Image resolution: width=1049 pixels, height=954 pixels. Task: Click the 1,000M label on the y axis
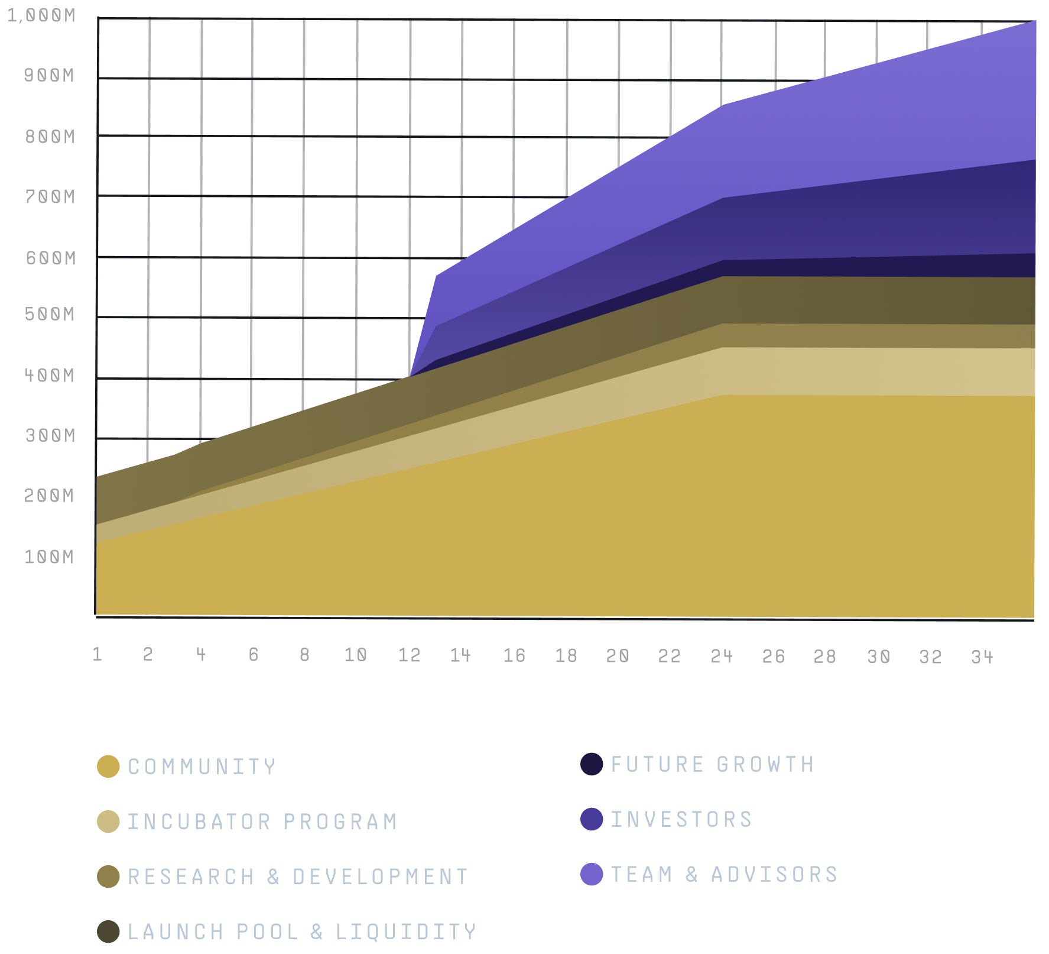[41, 15]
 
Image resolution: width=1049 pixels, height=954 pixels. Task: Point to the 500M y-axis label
[50, 314]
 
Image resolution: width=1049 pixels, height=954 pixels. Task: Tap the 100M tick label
[49, 557]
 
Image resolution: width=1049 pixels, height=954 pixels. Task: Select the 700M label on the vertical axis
[50, 197]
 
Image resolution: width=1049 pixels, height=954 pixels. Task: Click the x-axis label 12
[410, 655]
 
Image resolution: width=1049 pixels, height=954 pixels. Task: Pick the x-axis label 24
[722, 657]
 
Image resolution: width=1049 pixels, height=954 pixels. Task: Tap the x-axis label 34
[982, 657]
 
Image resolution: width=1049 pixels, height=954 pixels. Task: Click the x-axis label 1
[98, 654]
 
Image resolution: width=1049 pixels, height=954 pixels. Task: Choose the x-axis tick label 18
[566, 655]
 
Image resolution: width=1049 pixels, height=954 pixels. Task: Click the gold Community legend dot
[108, 767]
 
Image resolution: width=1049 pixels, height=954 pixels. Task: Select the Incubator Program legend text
[262, 822]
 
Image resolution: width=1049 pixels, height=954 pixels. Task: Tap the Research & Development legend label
[298, 877]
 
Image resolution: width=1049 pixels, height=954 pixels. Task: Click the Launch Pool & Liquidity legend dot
[108, 932]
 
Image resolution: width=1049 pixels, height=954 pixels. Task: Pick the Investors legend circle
[592, 820]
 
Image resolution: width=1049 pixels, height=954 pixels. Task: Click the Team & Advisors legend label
[725, 875]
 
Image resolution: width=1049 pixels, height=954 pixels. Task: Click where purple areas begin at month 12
[410, 376]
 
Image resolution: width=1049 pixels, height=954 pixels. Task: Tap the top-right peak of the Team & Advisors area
[1035, 21]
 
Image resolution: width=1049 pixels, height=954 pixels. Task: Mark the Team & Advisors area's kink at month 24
[723, 105]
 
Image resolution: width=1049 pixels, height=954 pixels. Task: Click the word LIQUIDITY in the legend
[406, 932]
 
